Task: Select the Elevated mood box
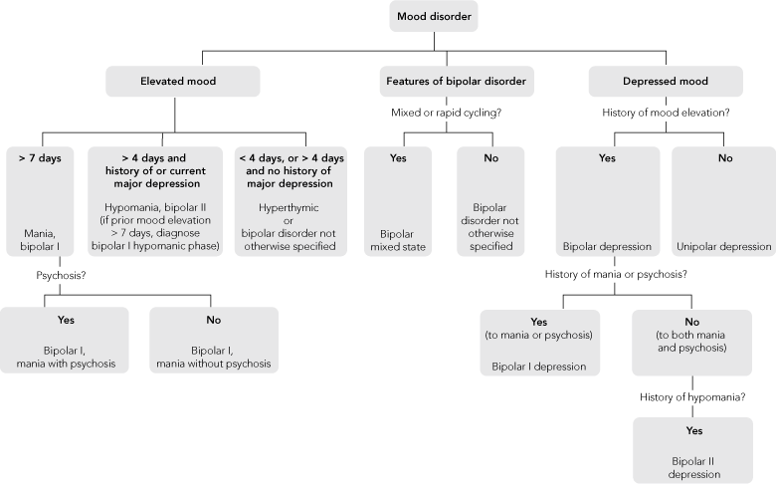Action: pos(182,81)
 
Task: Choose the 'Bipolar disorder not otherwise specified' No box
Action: pos(493,199)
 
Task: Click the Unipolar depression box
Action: pos(722,199)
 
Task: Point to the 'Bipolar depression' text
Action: pos(607,246)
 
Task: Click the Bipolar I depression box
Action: pos(539,343)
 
